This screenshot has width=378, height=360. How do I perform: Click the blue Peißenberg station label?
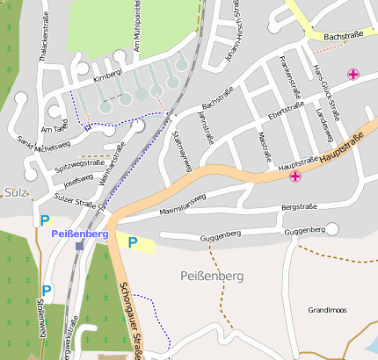(x=80, y=234)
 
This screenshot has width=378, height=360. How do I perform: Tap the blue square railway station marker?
(x=80, y=247)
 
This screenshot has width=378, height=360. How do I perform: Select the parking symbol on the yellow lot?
(x=133, y=242)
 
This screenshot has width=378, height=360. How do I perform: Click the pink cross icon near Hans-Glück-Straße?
(x=353, y=75)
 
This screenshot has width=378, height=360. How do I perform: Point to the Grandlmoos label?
(x=327, y=310)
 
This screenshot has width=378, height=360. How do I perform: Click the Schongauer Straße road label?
(x=130, y=320)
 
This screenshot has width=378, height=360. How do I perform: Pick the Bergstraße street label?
(x=298, y=207)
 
